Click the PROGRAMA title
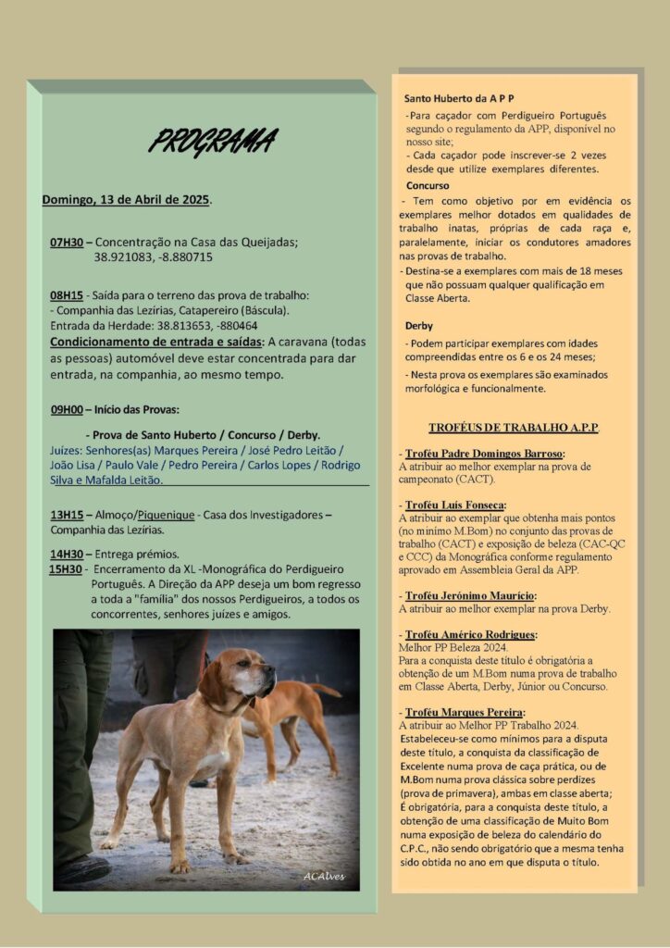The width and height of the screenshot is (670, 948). [212, 142]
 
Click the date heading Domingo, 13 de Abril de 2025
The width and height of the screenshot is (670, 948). [127, 199]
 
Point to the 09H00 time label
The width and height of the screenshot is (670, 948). [68, 408]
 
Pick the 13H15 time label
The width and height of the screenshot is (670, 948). [68, 514]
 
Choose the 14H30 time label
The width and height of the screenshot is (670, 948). [68, 554]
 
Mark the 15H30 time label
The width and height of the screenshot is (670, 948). [67, 568]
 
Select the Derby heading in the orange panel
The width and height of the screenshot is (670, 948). [418, 326]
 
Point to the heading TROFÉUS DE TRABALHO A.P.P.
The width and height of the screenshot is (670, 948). [514, 428]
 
